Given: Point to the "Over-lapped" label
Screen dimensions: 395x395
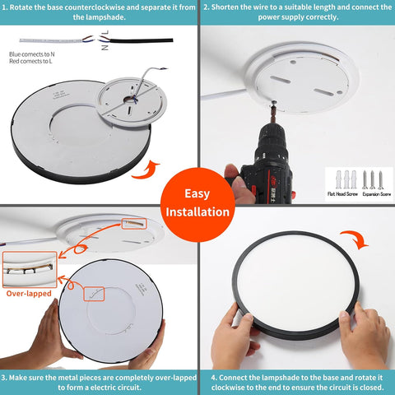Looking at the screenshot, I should (x=30, y=293).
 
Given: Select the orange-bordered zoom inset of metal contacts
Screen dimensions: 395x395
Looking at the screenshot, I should (x=30, y=268).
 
